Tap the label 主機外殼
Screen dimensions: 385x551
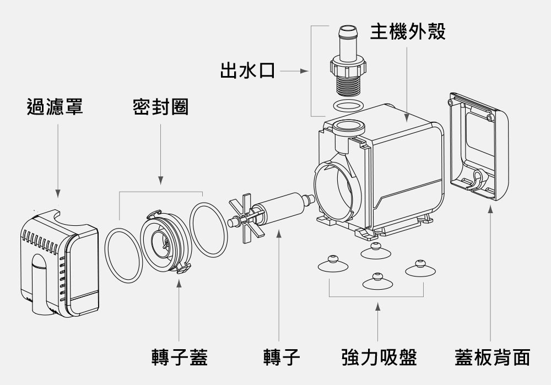(x=407, y=31)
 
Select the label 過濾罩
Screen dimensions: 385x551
(x=55, y=106)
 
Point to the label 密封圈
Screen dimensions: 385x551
(x=160, y=106)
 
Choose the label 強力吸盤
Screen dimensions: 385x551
(x=379, y=357)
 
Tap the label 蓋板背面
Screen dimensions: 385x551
(x=491, y=357)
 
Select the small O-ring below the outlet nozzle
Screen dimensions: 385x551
(x=348, y=105)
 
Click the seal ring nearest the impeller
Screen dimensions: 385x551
(x=208, y=229)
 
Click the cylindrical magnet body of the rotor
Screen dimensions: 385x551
(x=281, y=206)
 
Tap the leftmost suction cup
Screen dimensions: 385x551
(x=333, y=264)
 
